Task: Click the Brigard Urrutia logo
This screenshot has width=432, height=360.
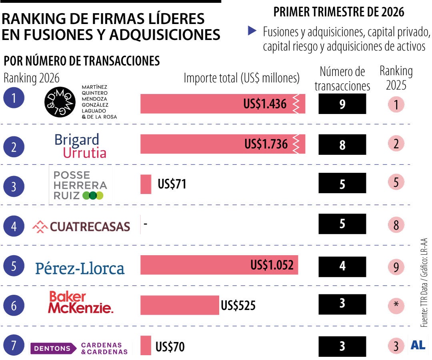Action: click(80, 146)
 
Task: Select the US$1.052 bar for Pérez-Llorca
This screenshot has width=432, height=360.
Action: click(219, 265)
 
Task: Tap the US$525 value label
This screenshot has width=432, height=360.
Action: click(238, 306)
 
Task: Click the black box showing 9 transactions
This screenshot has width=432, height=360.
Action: click(342, 104)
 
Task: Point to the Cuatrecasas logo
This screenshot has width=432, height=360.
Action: click(81, 227)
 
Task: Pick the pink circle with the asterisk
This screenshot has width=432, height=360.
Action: click(396, 305)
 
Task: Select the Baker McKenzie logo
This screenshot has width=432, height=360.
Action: click(80, 302)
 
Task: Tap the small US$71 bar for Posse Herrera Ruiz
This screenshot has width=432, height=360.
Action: click(146, 184)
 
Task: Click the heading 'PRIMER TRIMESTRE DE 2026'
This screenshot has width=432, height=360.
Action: click(338, 12)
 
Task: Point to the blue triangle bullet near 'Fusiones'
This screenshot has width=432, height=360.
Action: click(252, 30)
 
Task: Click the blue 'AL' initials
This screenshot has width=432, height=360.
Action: click(418, 346)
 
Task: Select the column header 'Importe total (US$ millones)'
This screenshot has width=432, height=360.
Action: click(242, 78)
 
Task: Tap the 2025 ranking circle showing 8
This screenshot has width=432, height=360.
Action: click(396, 225)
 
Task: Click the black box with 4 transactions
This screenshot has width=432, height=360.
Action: click(342, 266)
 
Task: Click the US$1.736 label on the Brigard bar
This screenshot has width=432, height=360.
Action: click(266, 144)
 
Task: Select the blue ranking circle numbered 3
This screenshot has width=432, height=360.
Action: click(14, 187)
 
